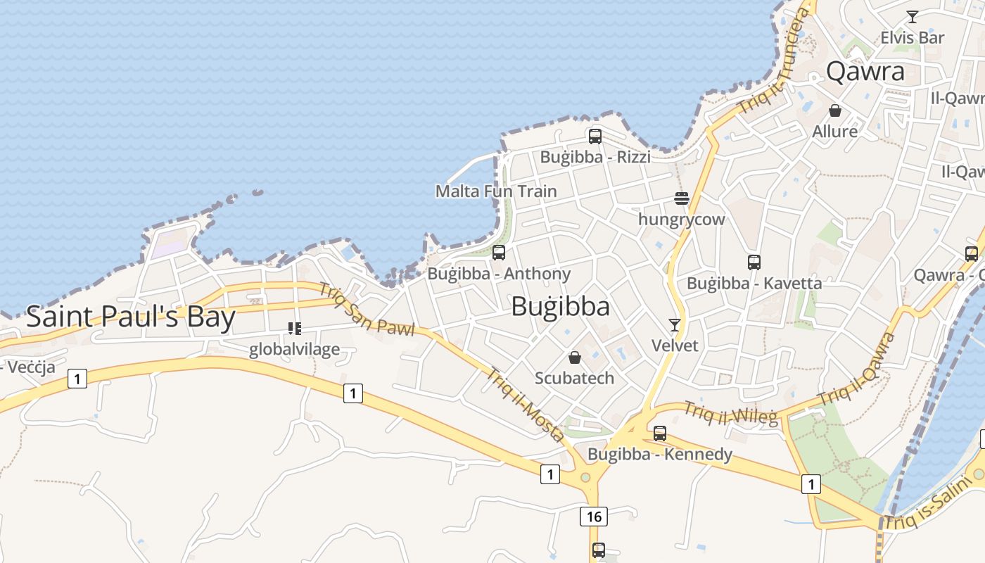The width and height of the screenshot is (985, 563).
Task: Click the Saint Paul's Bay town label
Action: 130,317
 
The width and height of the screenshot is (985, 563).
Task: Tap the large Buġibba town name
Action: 560,306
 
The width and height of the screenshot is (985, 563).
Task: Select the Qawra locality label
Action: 865,71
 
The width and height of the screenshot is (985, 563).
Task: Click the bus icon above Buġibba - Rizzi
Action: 595,137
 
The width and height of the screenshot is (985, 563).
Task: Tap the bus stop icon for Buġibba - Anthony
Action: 499,253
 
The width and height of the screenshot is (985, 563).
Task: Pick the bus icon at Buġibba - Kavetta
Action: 754,262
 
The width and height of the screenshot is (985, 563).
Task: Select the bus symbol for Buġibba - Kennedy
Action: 660,434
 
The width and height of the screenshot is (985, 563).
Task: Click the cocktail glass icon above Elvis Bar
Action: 913,17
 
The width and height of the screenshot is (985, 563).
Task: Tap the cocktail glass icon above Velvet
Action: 675,324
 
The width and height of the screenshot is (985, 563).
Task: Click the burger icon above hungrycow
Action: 681,198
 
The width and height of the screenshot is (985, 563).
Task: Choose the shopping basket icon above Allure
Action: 835,110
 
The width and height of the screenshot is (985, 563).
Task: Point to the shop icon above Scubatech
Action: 575,358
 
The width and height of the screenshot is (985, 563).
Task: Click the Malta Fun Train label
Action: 496,191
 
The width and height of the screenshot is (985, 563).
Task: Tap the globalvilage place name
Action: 294,349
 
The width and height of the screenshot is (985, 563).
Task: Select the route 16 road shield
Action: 594,517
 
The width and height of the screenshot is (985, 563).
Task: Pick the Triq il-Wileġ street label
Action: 731,413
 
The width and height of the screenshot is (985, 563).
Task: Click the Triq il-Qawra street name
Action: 857,369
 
